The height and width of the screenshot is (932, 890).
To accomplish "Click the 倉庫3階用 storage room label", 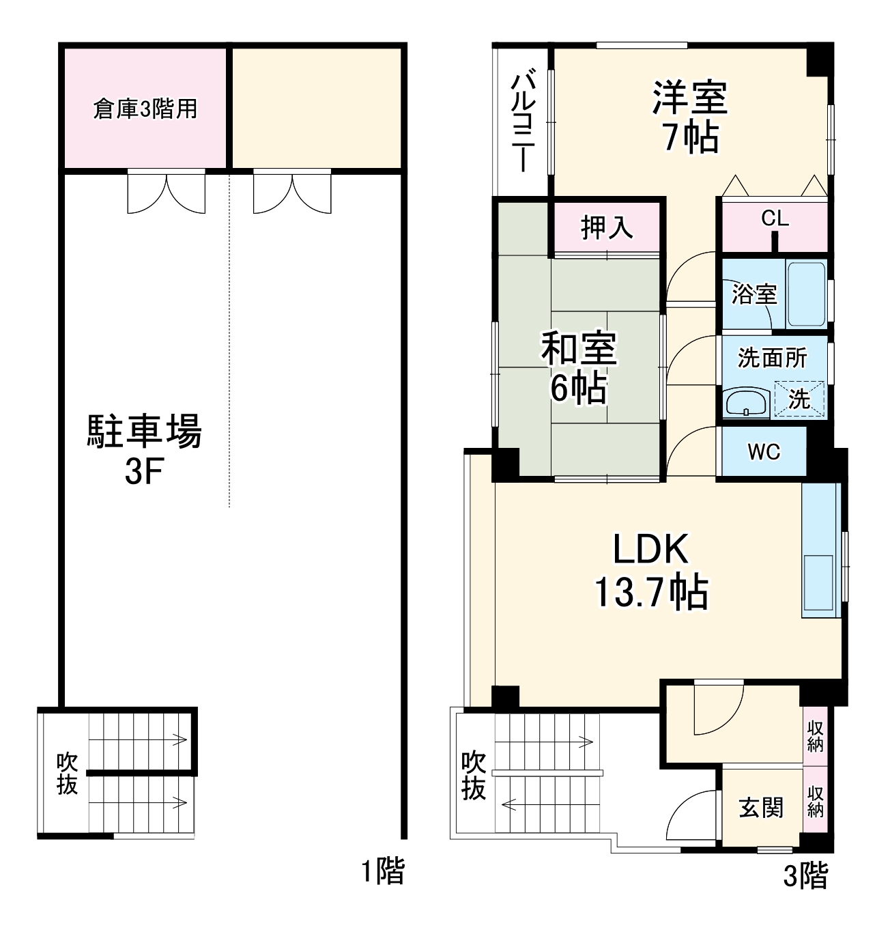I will (x=145, y=109).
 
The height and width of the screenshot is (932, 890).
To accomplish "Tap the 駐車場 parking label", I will (x=144, y=432).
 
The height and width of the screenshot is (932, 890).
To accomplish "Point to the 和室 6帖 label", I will (x=579, y=367).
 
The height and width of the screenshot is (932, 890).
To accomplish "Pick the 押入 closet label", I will (x=607, y=227).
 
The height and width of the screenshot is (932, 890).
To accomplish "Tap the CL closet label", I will (x=775, y=218).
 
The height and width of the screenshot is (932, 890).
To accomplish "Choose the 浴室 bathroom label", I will (x=753, y=294).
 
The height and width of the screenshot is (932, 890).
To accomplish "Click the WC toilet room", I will (x=764, y=451).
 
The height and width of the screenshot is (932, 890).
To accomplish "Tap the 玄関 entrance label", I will (x=761, y=808).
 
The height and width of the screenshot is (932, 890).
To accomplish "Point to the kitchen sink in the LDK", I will (x=818, y=581).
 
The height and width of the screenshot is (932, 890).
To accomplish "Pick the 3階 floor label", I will (x=805, y=875).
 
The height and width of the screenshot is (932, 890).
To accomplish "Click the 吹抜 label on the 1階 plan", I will (x=66, y=773).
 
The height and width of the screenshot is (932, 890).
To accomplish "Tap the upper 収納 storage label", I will (x=815, y=735).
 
